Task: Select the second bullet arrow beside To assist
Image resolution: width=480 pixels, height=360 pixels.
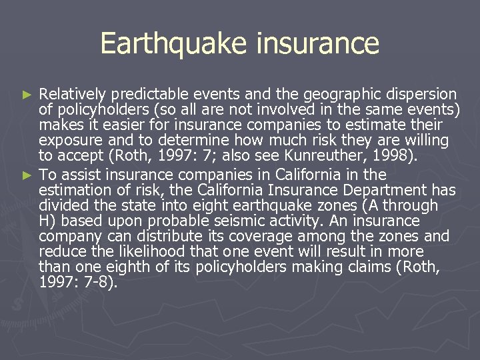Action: (27, 176)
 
